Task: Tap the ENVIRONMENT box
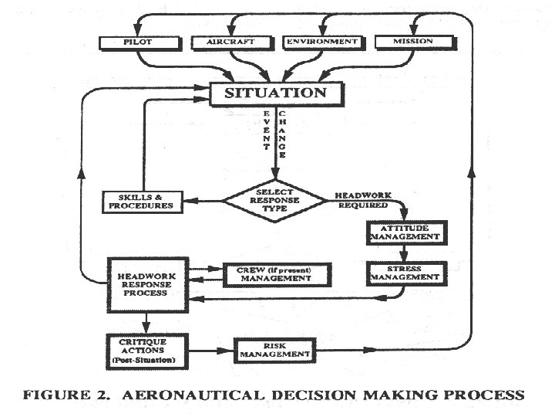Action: tap(322, 41)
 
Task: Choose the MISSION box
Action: tap(412, 41)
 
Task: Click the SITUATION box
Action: tap(275, 93)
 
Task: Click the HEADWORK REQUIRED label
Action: tap(365, 198)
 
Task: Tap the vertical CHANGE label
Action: tap(283, 134)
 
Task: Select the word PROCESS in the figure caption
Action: tap(484, 395)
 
